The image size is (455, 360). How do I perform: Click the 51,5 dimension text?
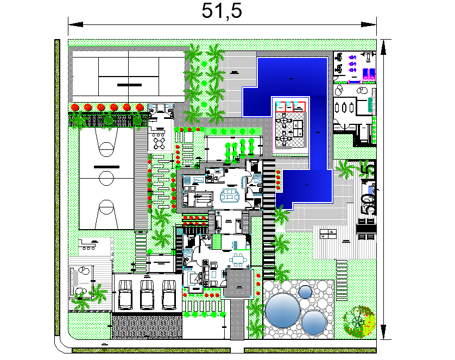click(x=222, y=11)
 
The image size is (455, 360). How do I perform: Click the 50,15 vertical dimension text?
click(x=369, y=188)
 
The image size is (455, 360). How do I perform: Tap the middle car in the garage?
click(x=147, y=293)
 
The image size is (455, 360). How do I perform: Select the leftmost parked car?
click(x=125, y=293)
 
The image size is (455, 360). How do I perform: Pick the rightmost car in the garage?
click(x=169, y=293)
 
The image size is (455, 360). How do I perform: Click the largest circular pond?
click(x=282, y=311)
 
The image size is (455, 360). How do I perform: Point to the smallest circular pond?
click(x=306, y=292)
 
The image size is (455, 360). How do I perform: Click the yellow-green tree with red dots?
click(x=359, y=321)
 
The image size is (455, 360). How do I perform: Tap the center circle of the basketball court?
click(x=106, y=177)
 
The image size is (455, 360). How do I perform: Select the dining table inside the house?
click(x=238, y=259)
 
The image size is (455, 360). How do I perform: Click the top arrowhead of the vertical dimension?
click(x=384, y=47)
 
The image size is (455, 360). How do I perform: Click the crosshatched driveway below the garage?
click(x=147, y=328)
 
